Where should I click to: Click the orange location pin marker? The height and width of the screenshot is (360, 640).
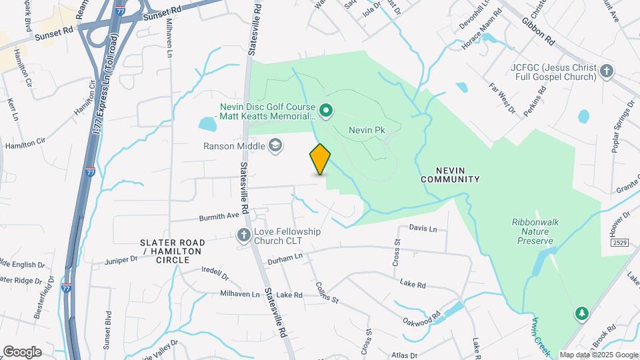[x=320, y=159]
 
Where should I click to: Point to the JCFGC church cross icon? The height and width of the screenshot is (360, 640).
[x=606, y=71]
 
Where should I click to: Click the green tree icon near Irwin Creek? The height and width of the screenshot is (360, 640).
[x=581, y=313]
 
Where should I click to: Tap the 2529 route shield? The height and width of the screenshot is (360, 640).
[x=620, y=242]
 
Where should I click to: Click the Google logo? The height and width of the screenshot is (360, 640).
[x=22, y=352]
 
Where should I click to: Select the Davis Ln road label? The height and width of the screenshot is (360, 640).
[x=423, y=229]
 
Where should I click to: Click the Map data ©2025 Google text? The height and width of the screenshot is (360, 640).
[x=599, y=355]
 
